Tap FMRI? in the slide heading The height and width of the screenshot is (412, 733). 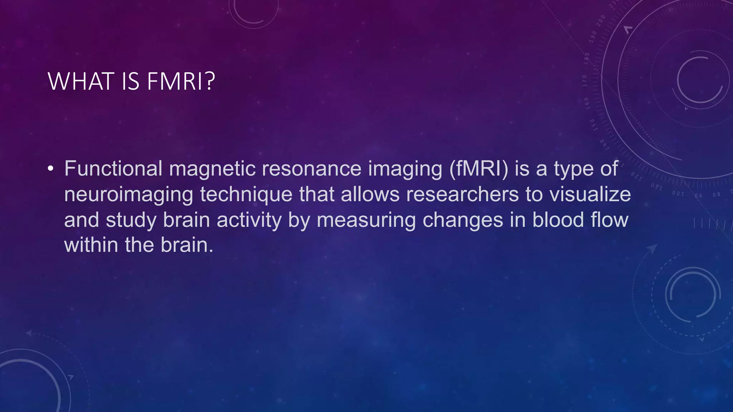(x=181, y=82)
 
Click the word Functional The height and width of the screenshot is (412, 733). (x=113, y=168)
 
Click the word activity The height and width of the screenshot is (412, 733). (x=249, y=220)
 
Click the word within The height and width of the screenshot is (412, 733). (x=91, y=245)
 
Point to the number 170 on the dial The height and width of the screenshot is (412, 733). (x=585, y=81)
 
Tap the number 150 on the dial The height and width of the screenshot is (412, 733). (x=592, y=125)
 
